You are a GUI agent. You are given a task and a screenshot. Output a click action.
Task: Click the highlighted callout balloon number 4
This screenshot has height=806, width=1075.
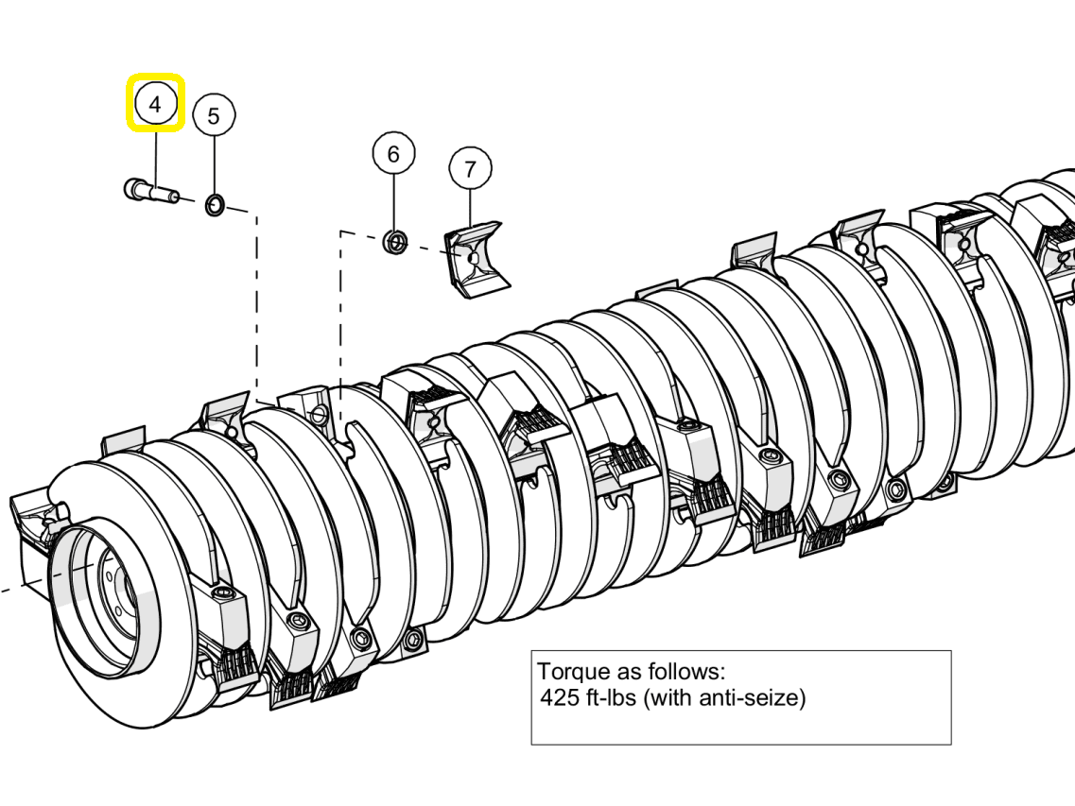(x=156, y=104)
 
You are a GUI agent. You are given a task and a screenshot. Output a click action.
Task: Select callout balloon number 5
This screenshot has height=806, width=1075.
(x=214, y=116)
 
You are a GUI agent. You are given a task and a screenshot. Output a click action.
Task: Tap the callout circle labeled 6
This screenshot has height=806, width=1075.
(x=393, y=153)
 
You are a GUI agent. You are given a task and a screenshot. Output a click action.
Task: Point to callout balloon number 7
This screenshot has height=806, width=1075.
(x=470, y=168)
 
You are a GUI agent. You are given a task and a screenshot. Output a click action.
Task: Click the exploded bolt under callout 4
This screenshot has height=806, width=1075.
(x=151, y=190)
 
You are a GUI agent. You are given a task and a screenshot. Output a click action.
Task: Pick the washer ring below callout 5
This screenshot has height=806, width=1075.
(x=215, y=204)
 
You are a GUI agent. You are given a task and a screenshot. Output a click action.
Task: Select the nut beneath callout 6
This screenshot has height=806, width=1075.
(x=395, y=242)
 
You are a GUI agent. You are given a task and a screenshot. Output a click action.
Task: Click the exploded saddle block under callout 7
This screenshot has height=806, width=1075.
(x=477, y=260)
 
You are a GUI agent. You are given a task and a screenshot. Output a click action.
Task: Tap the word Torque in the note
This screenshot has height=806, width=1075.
(x=572, y=671)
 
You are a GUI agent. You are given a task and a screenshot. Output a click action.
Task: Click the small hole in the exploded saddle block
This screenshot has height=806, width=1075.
(x=473, y=257)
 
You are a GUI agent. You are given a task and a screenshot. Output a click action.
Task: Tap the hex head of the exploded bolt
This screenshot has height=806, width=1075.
(x=132, y=188)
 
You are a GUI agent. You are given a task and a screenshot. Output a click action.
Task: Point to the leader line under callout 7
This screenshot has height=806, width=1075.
(x=470, y=208)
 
